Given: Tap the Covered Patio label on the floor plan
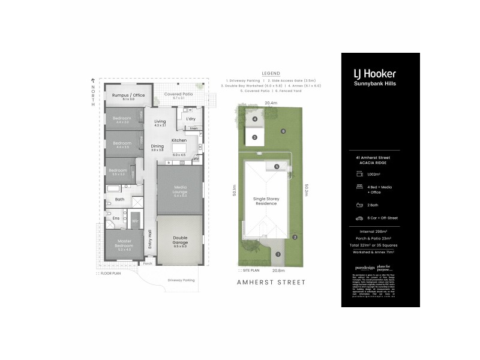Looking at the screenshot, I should (x=179, y=95).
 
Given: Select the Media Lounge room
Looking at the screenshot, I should (x=180, y=191).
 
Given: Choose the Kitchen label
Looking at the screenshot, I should (x=179, y=140).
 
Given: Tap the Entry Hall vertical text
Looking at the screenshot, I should (x=150, y=239).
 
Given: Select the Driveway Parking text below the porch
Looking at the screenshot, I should (x=181, y=280).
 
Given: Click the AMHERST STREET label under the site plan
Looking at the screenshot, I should (x=271, y=282).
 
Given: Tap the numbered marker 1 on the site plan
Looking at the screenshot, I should (x=278, y=254).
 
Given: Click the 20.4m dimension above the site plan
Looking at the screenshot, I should (x=271, y=103).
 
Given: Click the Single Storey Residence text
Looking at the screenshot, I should (x=265, y=201).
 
